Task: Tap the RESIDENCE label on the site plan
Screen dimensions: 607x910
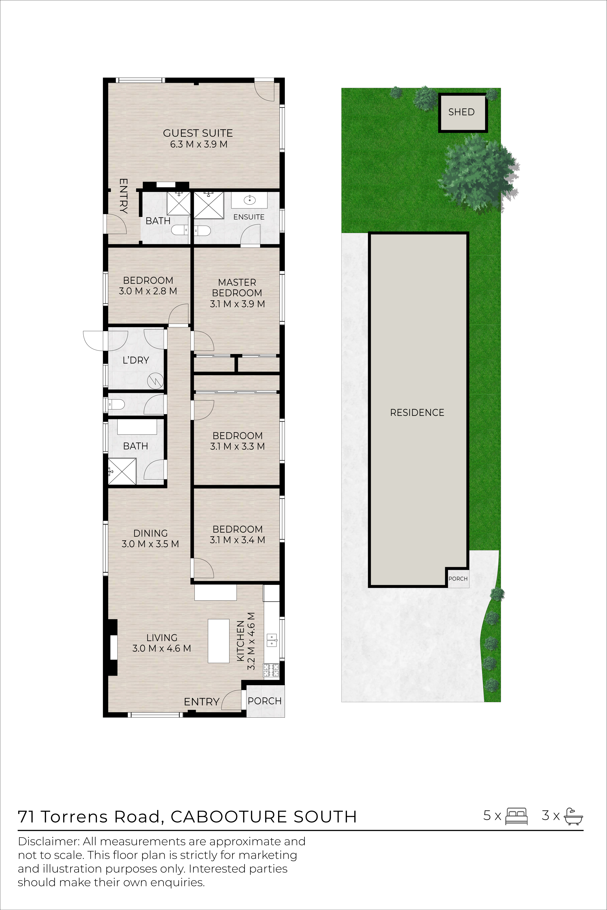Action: (x=417, y=413)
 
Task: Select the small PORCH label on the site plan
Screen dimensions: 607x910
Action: (x=458, y=579)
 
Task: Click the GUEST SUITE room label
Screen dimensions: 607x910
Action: (x=198, y=133)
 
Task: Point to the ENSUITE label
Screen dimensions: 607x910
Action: (x=249, y=217)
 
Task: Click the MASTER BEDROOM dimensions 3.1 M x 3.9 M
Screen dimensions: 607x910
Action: (x=237, y=304)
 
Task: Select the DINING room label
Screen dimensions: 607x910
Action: (x=151, y=533)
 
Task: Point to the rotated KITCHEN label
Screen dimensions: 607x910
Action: (x=240, y=641)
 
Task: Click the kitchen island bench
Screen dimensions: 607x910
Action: (x=218, y=641)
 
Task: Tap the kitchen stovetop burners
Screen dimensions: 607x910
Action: (x=271, y=670)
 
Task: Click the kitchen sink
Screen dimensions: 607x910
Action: (x=272, y=641)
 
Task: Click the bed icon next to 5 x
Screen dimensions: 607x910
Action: (x=516, y=816)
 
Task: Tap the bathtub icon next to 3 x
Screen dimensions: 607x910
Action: (x=573, y=816)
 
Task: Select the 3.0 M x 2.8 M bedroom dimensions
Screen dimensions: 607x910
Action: (x=148, y=291)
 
